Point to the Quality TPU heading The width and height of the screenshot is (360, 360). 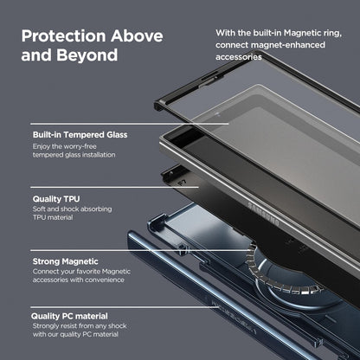(x=57, y=198)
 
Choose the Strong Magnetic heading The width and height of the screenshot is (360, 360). (x=65, y=261)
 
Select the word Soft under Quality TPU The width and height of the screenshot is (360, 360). (x=42, y=210)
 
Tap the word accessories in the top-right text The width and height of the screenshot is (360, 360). (x=240, y=58)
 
